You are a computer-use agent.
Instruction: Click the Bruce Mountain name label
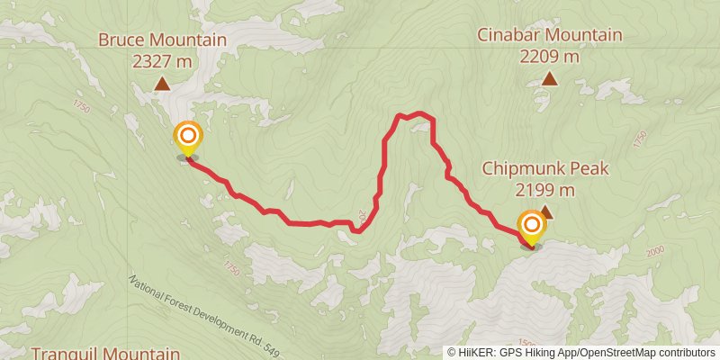point(162,40)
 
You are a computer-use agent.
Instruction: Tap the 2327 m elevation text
point(162,61)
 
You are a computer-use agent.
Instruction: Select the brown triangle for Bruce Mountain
point(162,85)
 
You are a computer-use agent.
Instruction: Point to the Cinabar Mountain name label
point(550,35)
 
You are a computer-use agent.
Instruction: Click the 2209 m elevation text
point(550,56)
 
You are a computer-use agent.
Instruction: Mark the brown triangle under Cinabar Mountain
point(550,79)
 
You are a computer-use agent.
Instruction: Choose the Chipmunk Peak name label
point(545,168)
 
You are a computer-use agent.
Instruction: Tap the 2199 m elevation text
point(545,190)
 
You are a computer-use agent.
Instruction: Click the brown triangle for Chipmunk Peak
point(545,212)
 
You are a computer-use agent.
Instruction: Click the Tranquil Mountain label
point(106,353)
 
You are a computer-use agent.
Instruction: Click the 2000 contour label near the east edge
point(653,251)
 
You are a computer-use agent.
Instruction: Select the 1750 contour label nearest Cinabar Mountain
point(640,139)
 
